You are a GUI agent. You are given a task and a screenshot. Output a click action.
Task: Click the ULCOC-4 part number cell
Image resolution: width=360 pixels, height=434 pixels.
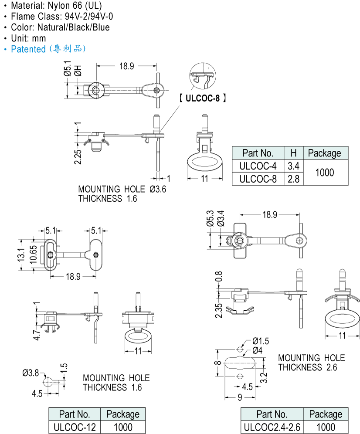pyautogui.click(x=258, y=166)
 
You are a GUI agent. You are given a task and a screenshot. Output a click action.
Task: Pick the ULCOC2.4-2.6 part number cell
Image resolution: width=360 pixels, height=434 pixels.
pyautogui.click(x=272, y=427)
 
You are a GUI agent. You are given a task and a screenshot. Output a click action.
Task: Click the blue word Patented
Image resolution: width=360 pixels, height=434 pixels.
pyautogui.click(x=28, y=49)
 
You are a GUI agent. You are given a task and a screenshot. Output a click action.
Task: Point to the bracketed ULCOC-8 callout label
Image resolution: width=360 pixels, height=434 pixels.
pyautogui.click(x=203, y=98)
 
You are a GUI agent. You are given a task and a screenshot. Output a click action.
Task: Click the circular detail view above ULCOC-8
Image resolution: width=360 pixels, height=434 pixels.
pyautogui.click(x=203, y=76)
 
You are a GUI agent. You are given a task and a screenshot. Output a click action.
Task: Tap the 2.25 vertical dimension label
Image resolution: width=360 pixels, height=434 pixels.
pyautogui.click(x=78, y=157)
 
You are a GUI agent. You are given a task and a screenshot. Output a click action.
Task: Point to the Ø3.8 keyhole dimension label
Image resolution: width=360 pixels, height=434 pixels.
pyautogui.click(x=30, y=373)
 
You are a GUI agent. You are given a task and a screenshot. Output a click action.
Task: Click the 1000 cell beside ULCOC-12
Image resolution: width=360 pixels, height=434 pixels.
pyautogui.click(x=123, y=427)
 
